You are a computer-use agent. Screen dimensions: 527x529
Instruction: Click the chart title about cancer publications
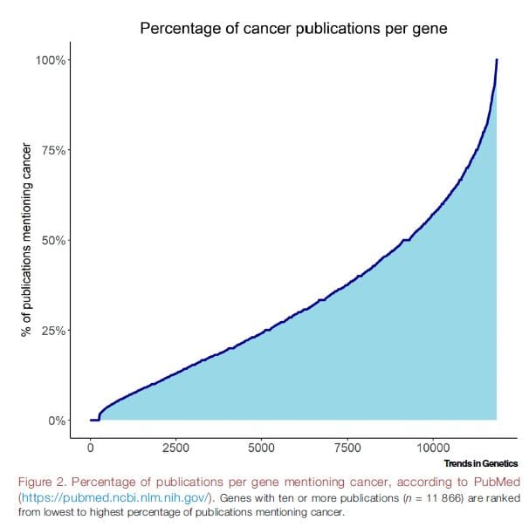[x=293, y=30]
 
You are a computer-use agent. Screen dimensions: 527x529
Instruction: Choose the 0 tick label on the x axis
[x=91, y=447]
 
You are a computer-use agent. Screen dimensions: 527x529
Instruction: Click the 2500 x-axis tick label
[x=176, y=447]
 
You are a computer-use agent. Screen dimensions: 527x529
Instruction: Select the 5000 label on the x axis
[x=262, y=447]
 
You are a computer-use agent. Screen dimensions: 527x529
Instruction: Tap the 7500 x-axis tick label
[x=347, y=447]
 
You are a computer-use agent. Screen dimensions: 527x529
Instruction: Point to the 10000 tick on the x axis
[x=433, y=447]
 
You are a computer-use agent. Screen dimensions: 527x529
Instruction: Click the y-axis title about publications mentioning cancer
[x=26, y=240]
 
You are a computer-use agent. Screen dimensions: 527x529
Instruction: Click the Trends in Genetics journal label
[x=480, y=463]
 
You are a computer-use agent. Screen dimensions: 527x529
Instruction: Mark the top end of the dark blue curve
[x=497, y=60]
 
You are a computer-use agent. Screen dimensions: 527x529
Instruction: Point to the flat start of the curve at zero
[x=94, y=420]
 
